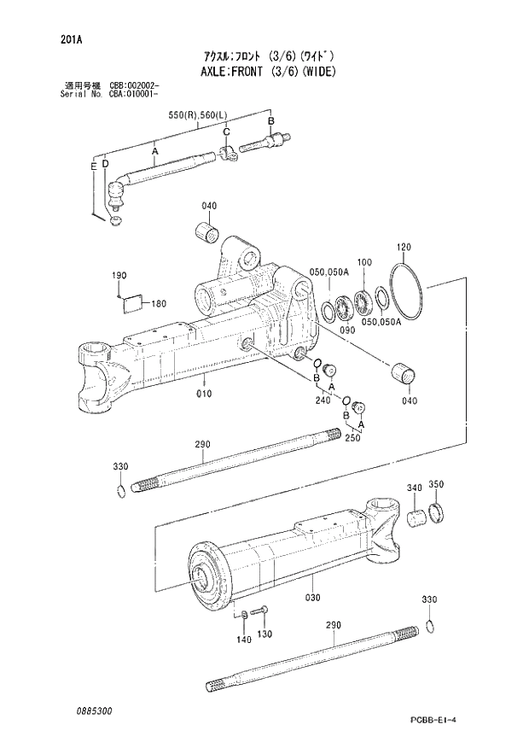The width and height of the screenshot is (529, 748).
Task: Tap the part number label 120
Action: click(404, 248)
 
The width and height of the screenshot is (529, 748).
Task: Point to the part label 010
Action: click(203, 394)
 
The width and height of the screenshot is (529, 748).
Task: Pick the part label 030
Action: click(313, 597)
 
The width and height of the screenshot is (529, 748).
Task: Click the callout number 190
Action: click(119, 276)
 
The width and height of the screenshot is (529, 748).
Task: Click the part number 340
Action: click(415, 488)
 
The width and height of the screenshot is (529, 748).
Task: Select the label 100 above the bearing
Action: click(364, 262)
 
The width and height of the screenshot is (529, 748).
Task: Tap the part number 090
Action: click(346, 330)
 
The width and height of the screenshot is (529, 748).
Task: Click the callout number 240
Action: click(322, 400)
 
